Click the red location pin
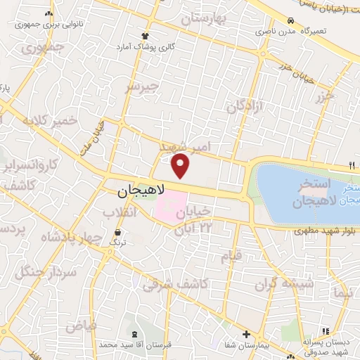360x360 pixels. pyautogui.click(x=181, y=166)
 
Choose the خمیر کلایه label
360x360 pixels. pyautogui.click(x=50, y=121)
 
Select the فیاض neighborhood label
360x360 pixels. pyautogui.click(x=82, y=327)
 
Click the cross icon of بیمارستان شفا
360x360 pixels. pyautogui.click(x=245, y=334)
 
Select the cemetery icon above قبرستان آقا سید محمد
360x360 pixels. pyautogui.click(x=134, y=333)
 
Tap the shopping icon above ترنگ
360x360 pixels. pyautogui.click(x=117, y=231)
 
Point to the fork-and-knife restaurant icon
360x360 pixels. pyautogui.click(x=351, y=166)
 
